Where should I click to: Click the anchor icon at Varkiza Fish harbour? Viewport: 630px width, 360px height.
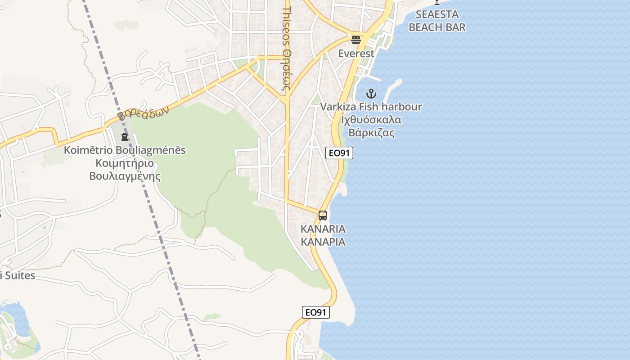coord(371,94)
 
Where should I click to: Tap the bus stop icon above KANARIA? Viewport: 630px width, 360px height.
coord(323,216)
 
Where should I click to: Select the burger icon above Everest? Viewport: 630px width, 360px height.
coord(356,40)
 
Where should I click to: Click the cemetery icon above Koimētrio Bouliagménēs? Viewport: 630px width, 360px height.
coord(125,136)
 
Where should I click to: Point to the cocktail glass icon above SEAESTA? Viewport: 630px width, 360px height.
coord(436,2)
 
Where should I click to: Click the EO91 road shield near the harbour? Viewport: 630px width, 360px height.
coord(339,153)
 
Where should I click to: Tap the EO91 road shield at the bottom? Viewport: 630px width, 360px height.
coord(316,312)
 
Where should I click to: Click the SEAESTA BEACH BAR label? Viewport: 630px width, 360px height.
coord(437,21)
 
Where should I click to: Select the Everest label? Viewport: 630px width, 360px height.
coord(356,54)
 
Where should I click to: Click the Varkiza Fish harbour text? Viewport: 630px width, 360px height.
coord(371,107)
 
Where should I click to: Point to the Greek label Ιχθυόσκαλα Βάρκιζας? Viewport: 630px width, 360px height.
coord(371,126)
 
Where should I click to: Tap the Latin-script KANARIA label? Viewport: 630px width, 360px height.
coord(323,229)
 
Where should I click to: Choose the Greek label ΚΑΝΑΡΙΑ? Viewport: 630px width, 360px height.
coord(323,242)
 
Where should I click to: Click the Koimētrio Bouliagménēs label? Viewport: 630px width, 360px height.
coord(125,150)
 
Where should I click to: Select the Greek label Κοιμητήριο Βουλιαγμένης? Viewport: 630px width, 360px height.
coord(125,169)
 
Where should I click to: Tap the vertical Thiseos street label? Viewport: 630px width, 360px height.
coord(287,49)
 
